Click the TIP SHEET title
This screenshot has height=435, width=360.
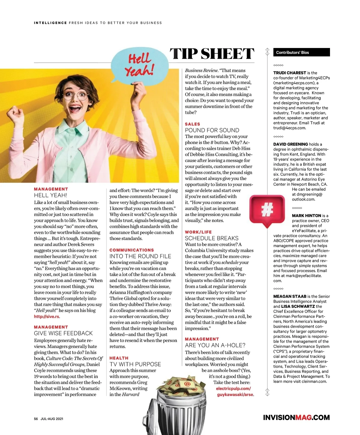click(x=212, y=54)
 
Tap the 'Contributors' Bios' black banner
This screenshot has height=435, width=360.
click(x=301, y=52)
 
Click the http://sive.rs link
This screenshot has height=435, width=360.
click(x=47, y=316)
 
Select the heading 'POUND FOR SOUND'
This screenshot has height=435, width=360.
click(x=212, y=130)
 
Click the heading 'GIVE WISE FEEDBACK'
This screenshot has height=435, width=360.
click(x=63, y=333)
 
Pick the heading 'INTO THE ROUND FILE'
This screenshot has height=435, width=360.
click(x=140, y=256)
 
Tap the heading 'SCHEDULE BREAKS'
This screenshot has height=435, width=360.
click(x=212, y=238)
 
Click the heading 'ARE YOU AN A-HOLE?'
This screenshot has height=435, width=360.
click(x=215, y=345)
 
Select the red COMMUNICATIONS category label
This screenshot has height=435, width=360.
click(x=132, y=250)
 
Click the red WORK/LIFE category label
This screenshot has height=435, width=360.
click(x=198, y=232)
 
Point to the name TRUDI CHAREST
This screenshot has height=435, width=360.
click(x=289, y=73)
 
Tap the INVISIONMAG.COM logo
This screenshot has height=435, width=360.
click(x=296, y=418)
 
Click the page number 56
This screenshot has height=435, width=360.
click(x=36, y=419)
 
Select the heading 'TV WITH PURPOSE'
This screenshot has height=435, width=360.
click(x=135, y=364)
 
